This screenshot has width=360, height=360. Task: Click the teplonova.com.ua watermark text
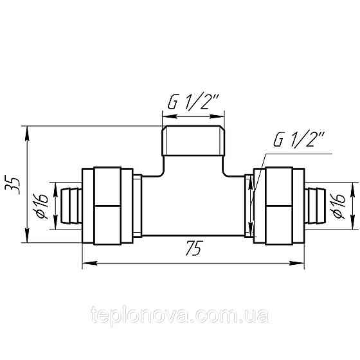tap(181, 316)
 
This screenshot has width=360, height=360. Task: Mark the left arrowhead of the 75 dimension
tap(87, 262)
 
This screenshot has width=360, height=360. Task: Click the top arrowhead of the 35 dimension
tap(27, 130)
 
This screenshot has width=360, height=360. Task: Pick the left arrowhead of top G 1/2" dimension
tap(165, 117)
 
